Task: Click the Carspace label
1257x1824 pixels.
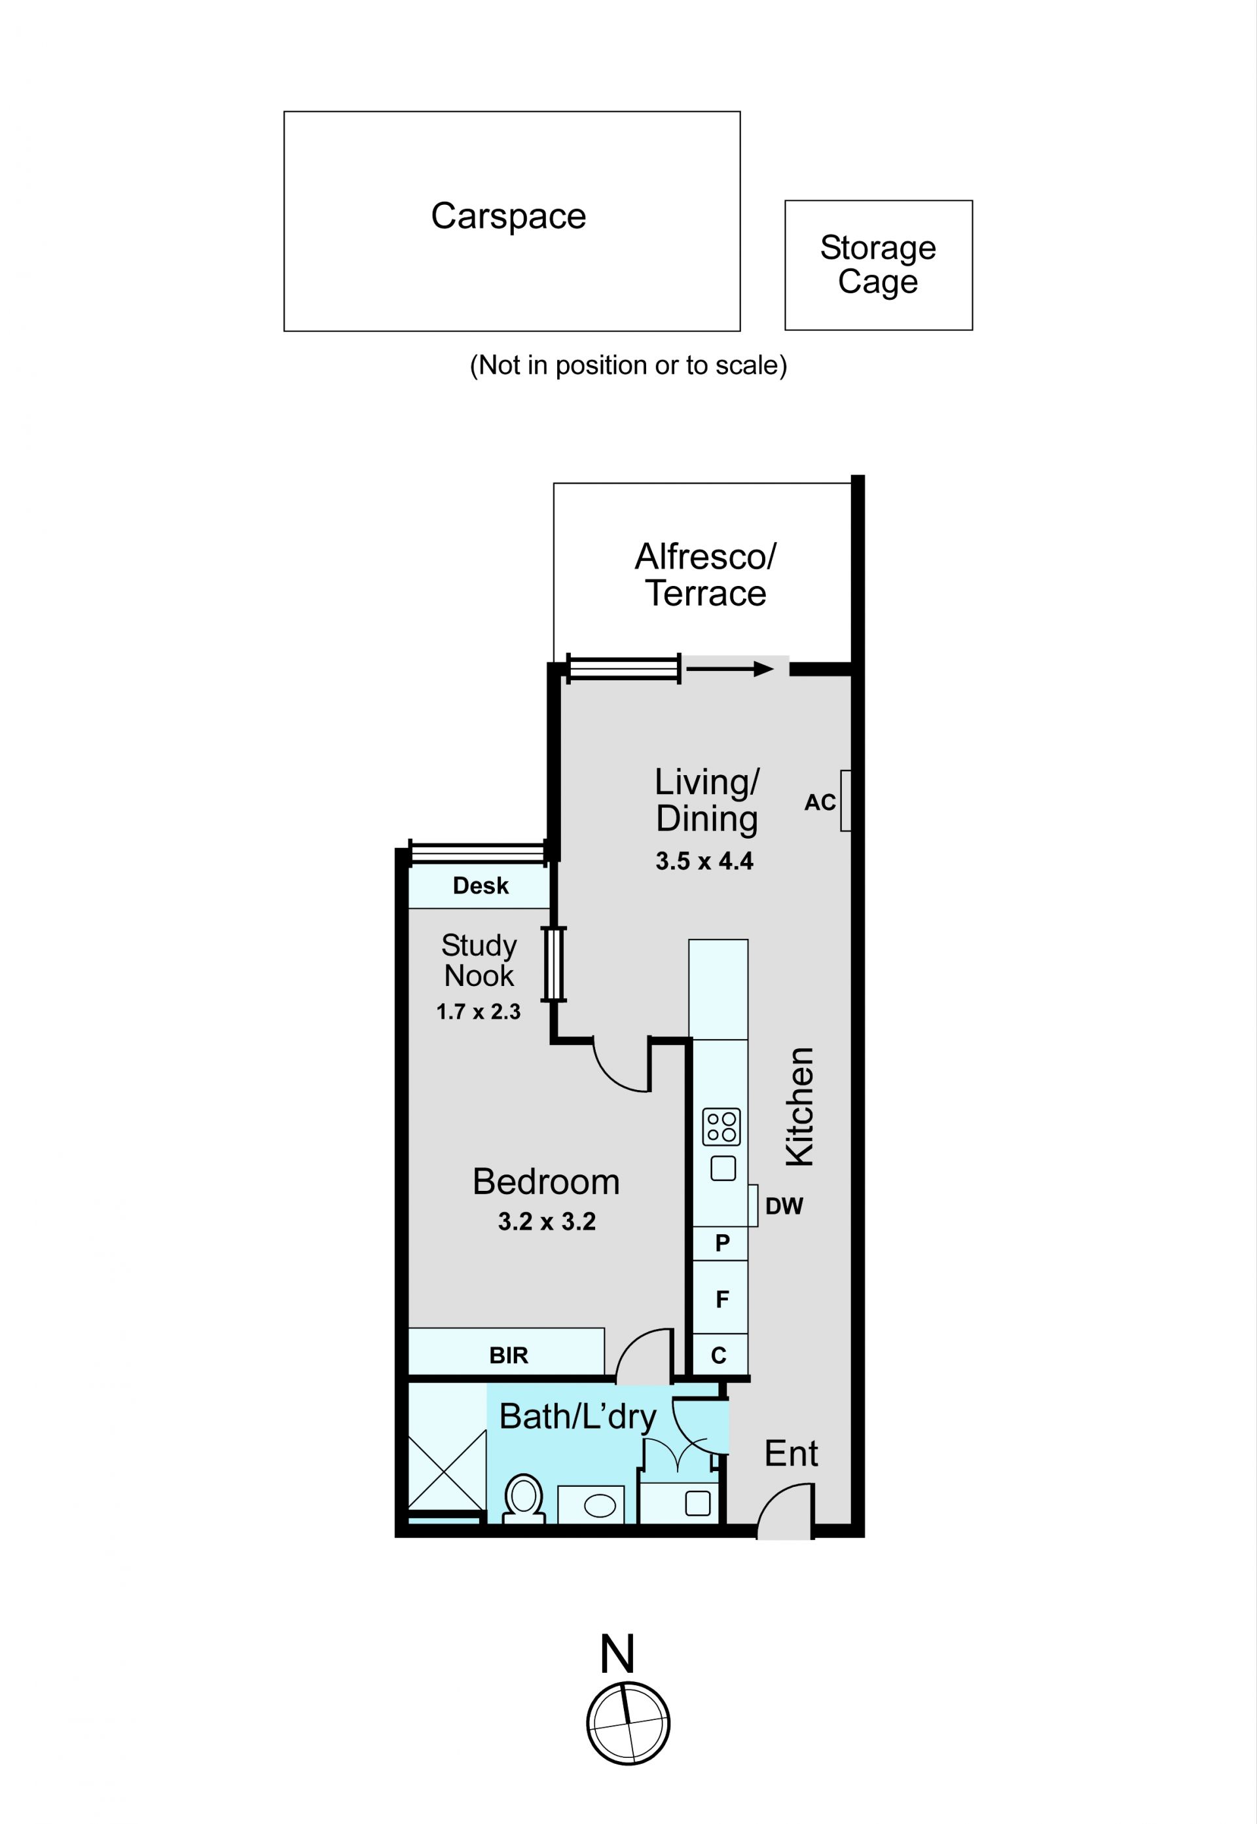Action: coord(508,216)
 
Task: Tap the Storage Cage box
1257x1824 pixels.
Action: coord(878,264)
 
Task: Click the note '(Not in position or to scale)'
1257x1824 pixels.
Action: coord(628,365)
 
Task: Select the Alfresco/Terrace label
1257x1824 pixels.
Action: coord(705,574)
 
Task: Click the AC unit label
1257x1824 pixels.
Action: coord(819,803)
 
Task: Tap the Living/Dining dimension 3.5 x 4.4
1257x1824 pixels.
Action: coord(704,861)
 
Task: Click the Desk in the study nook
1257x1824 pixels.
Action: coord(480,885)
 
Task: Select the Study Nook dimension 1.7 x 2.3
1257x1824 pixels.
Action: coord(478,1012)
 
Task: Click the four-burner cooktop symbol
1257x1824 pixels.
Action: coord(721,1127)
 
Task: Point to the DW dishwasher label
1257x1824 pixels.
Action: coord(784,1206)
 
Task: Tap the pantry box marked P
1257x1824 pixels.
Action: coord(721,1243)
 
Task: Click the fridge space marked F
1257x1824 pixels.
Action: coord(721,1299)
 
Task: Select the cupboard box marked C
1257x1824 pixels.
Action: coord(719,1355)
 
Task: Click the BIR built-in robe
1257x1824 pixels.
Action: coord(508,1355)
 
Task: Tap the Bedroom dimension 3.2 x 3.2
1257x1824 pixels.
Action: coord(547,1222)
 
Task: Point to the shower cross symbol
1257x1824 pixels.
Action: coord(446,1468)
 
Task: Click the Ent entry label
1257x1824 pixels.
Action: coord(791,1453)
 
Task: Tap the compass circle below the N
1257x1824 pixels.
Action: coord(628,1723)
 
